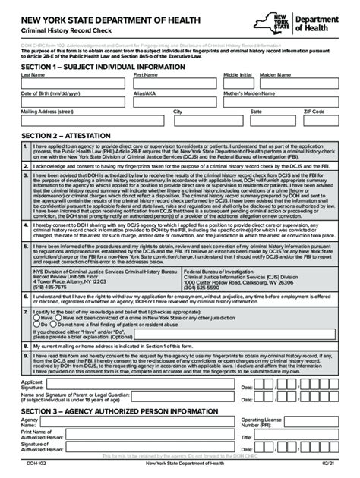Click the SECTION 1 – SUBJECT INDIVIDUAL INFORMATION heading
tap(102, 67)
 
